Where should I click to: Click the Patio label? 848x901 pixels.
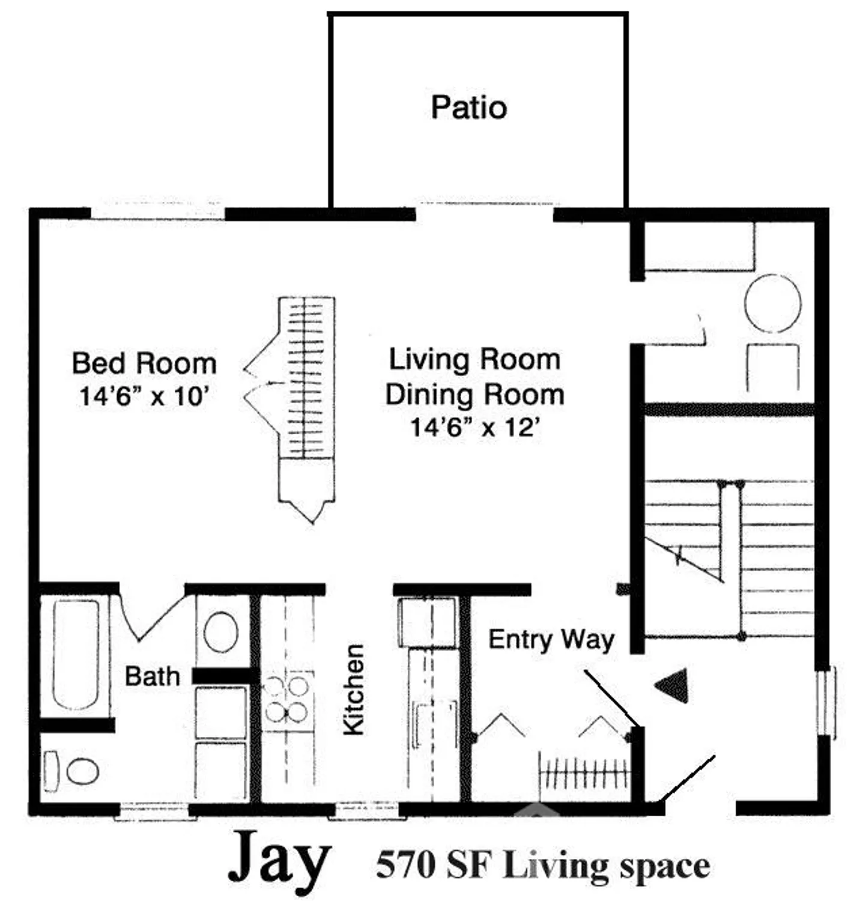point(469,108)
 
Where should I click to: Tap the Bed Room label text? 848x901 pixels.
point(144,363)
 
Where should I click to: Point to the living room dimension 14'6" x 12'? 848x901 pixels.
point(476,428)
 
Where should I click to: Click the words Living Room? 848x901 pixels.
point(474,360)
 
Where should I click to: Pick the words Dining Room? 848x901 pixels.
point(474,395)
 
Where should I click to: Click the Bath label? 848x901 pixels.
point(152,676)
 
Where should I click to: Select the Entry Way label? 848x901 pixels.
point(551,639)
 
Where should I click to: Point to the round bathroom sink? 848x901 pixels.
point(220,631)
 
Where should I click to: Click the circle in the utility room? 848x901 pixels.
point(772,303)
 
